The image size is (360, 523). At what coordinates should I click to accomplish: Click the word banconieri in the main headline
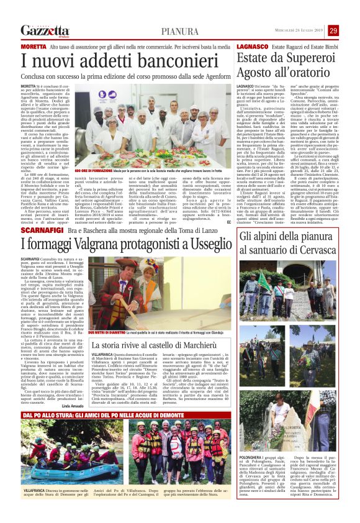point(164,61)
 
